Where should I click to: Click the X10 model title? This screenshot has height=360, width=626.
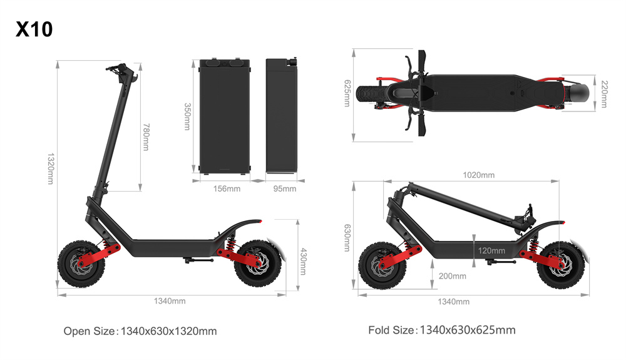click(34, 29)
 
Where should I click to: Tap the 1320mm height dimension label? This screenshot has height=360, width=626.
click(51, 168)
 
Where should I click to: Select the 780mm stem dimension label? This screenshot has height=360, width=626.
click(146, 137)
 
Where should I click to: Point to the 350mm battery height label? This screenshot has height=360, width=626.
click(187, 116)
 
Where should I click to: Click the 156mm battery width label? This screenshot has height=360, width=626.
click(227, 189)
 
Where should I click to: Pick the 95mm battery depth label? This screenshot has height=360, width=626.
click(285, 189)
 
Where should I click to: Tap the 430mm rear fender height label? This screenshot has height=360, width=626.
click(303, 262)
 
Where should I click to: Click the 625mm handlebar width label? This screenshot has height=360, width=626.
click(347, 93)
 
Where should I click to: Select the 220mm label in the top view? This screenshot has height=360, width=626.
click(605, 94)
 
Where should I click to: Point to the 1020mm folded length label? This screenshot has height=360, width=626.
click(479, 175)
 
